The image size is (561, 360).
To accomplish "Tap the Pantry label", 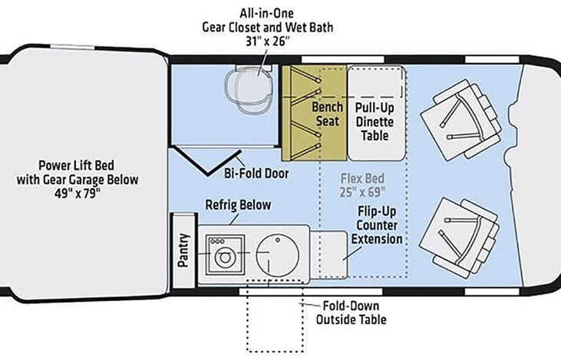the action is click(183, 250).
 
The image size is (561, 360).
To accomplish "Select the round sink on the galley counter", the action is click(278, 255).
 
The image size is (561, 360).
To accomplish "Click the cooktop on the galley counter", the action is click(226, 255).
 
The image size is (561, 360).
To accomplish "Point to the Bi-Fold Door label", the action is click(256, 173).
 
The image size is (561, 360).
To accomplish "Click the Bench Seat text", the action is click(328, 114).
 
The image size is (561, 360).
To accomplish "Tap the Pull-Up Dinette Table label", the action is click(375, 122).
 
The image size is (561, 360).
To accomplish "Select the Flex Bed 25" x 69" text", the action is click(362, 185).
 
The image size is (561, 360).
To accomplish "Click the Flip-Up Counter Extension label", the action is click(377, 225).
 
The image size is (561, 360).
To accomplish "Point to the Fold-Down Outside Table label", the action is click(351, 312).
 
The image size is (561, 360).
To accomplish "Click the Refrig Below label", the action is click(238, 205).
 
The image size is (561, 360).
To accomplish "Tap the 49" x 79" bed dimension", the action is click(78, 193).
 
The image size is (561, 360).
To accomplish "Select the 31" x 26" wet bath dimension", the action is click(267, 41).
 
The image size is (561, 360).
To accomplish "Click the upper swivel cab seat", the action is click(460, 120).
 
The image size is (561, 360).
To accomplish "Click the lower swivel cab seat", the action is click(460, 238).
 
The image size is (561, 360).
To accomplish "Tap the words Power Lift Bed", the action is click(76, 165).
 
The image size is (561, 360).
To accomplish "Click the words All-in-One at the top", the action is click(267, 14).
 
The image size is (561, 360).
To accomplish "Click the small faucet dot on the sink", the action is click(278, 239).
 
